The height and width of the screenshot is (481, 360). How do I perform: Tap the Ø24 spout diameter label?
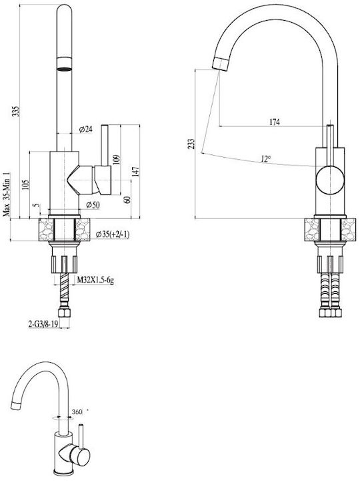point(86,130)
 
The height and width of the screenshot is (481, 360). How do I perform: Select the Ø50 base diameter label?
point(93,205)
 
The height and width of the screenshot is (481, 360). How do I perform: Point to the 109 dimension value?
point(117,160)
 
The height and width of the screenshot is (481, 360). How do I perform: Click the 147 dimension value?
point(136,172)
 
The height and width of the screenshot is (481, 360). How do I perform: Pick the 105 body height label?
point(26,185)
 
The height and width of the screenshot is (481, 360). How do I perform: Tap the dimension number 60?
point(127,199)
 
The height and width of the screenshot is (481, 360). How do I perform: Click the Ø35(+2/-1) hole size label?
point(113,234)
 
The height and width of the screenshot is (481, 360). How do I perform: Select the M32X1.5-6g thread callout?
point(95,280)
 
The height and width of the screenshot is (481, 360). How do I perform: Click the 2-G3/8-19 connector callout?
point(43,324)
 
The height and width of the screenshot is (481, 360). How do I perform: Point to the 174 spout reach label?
point(275,122)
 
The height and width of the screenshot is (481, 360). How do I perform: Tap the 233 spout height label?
point(191,144)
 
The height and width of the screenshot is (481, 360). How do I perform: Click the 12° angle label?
point(266,159)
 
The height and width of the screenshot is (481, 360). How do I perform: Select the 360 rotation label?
point(77,412)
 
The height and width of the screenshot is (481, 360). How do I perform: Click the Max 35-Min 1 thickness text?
point(7,194)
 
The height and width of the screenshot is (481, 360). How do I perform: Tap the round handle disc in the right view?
point(330,180)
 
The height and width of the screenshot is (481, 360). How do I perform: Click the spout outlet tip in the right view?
point(220,64)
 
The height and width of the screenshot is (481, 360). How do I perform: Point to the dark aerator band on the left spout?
point(65,69)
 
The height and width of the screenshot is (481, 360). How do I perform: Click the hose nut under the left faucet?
point(65,313)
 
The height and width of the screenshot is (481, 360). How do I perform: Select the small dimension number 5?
point(37,206)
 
